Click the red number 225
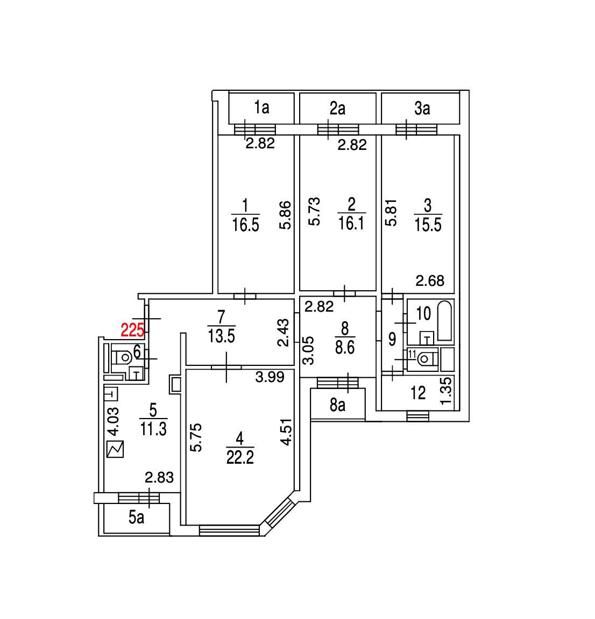[x=132, y=329]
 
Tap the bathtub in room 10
[x=444, y=321]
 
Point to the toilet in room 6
[x=123, y=357]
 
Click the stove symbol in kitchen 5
[x=115, y=449]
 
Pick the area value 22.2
[x=240, y=457]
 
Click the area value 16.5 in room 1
[x=245, y=225]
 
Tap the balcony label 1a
[x=261, y=107]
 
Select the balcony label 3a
[x=422, y=109]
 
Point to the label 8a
[x=337, y=405]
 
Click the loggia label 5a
[x=137, y=517]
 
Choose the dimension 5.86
[x=286, y=215]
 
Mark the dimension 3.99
[x=270, y=377]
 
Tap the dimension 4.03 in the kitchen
[x=113, y=422]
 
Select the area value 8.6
[x=345, y=347]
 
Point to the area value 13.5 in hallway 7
[x=221, y=336]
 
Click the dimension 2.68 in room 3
[x=430, y=280]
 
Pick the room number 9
[x=392, y=339]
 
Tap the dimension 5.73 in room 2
[x=314, y=211]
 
